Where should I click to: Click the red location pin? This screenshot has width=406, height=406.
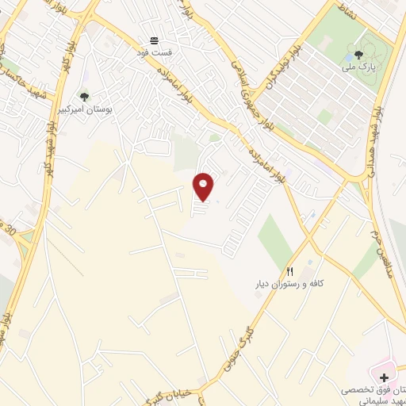(204, 186)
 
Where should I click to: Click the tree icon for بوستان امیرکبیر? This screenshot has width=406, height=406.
(84, 96)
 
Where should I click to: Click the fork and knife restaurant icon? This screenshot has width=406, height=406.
(290, 272)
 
